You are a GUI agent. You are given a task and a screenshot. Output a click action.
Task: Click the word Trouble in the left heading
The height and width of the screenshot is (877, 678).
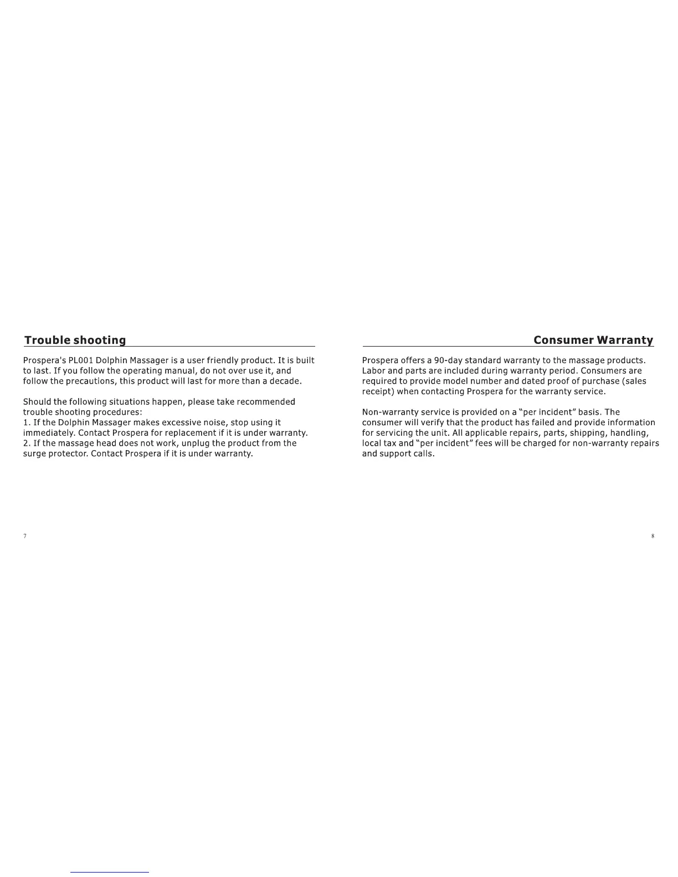click(x=47, y=340)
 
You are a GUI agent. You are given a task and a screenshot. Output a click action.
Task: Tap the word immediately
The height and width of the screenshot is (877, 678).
click(x=49, y=433)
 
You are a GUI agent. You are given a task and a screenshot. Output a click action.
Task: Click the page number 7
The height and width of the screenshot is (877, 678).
click(x=25, y=536)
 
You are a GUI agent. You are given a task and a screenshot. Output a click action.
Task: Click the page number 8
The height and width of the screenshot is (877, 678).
click(x=653, y=536)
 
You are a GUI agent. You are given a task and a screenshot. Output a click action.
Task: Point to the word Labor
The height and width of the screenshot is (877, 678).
click(x=374, y=371)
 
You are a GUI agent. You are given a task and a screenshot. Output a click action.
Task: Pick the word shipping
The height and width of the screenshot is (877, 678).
click(x=587, y=433)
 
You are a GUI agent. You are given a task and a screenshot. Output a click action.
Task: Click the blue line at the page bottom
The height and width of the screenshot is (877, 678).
click(x=110, y=872)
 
